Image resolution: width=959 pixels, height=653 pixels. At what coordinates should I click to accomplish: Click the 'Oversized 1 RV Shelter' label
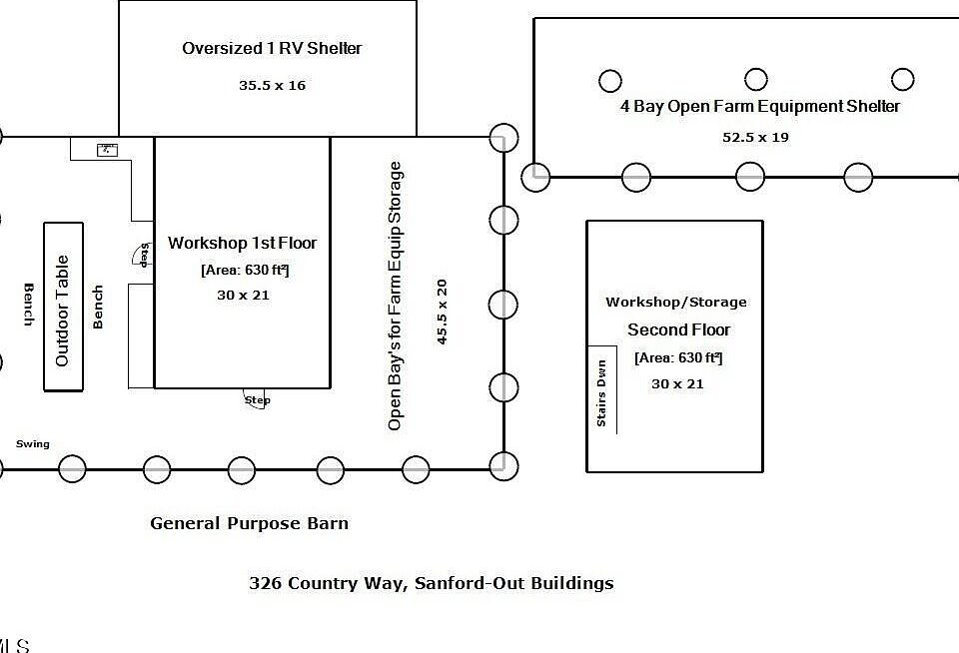(x=272, y=48)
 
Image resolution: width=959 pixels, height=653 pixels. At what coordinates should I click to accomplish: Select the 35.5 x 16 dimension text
(x=272, y=86)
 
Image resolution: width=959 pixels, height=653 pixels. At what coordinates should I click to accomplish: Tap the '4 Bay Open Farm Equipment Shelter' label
(x=759, y=107)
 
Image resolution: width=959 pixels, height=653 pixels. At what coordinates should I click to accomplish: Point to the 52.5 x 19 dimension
(x=755, y=138)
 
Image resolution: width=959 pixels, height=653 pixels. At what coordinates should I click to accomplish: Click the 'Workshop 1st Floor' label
(x=242, y=243)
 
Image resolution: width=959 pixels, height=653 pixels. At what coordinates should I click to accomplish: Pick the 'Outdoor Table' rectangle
(x=63, y=307)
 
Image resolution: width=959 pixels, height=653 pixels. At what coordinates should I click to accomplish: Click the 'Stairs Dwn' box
(x=601, y=390)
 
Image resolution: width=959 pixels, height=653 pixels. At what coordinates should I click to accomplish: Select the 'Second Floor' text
(x=678, y=329)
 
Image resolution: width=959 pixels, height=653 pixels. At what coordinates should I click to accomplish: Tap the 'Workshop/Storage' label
(x=675, y=303)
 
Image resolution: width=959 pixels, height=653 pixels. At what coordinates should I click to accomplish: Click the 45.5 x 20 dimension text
(x=442, y=312)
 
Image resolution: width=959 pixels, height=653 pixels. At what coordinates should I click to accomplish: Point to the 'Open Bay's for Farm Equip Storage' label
(x=396, y=296)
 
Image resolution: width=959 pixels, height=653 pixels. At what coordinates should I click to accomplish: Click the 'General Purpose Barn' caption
(x=249, y=523)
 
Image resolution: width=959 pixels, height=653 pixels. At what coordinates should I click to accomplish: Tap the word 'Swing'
(x=32, y=444)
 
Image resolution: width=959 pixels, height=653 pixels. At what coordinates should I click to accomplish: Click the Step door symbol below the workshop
(x=257, y=397)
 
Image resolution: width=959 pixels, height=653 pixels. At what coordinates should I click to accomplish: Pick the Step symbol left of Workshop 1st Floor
(x=142, y=256)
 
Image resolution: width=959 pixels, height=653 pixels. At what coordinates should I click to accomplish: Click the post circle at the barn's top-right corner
(x=504, y=137)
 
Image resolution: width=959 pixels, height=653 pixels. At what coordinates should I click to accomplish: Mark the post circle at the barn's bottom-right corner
(x=504, y=463)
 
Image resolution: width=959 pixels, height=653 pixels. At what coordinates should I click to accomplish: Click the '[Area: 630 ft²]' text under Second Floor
(x=677, y=357)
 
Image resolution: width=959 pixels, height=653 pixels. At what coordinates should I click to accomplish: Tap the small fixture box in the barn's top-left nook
(x=107, y=150)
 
